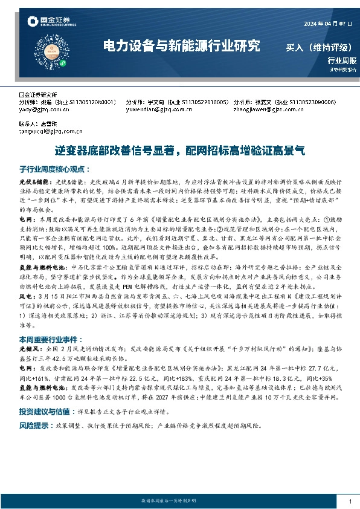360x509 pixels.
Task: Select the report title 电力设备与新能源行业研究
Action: pyautogui.click(x=181, y=46)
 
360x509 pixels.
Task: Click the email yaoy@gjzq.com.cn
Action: pyautogui.click(x=42, y=110)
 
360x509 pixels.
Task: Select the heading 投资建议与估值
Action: pyautogui.click(x=45, y=410)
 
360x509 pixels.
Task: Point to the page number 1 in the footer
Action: pyautogui.click(x=350, y=502)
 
